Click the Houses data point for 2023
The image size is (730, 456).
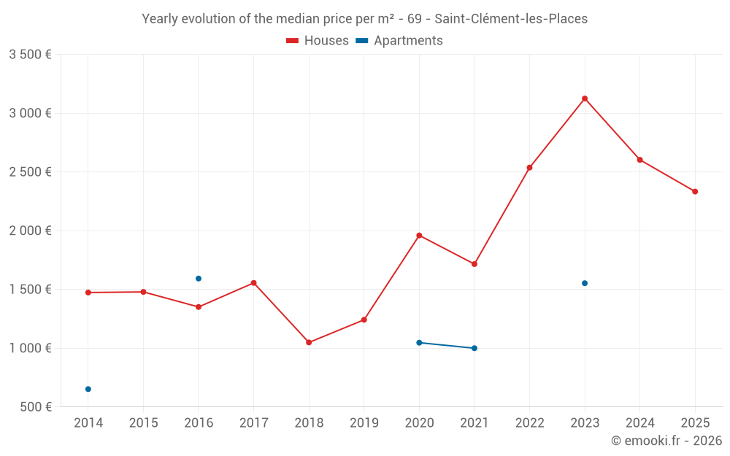point(585,98)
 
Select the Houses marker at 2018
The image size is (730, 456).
point(309,342)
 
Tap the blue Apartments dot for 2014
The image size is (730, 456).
point(88,389)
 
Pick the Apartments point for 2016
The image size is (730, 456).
point(199,279)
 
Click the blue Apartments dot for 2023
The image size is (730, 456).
point(585,283)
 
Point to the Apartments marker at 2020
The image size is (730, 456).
point(419,342)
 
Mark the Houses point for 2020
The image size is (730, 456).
point(419,236)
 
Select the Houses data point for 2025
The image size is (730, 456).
point(695,192)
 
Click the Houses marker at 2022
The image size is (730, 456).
point(529,168)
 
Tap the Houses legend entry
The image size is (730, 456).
point(318,41)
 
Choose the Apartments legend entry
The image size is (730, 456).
point(399,41)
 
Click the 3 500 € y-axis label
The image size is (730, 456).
point(30,55)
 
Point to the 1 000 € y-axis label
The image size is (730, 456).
point(30,348)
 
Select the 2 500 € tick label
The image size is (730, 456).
point(30,172)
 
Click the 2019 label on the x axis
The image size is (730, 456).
point(364,423)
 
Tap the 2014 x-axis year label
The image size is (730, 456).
point(88,423)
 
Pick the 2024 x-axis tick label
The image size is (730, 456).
point(639,423)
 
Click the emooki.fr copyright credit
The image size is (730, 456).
point(666,441)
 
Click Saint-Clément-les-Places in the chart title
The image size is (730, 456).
point(511,19)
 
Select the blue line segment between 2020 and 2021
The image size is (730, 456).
point(447,345)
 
